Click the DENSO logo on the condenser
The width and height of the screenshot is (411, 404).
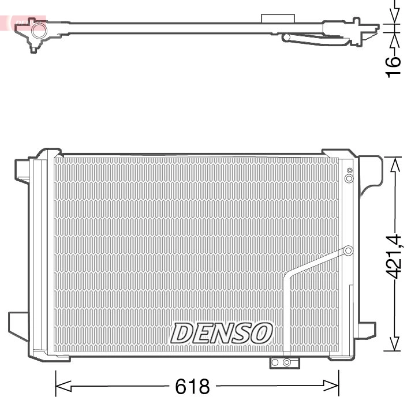[222, 333]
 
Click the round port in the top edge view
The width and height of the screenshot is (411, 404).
[39, 31]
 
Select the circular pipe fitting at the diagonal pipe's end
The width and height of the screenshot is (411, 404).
[348, 250]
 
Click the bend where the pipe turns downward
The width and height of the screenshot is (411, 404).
[287, 279]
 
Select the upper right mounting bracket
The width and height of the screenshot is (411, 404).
[369, 173]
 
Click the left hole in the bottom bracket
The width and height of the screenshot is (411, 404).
[276, 362]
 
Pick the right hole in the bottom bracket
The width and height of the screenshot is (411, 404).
[287, 362]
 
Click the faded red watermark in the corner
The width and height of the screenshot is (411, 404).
[23, 22]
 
